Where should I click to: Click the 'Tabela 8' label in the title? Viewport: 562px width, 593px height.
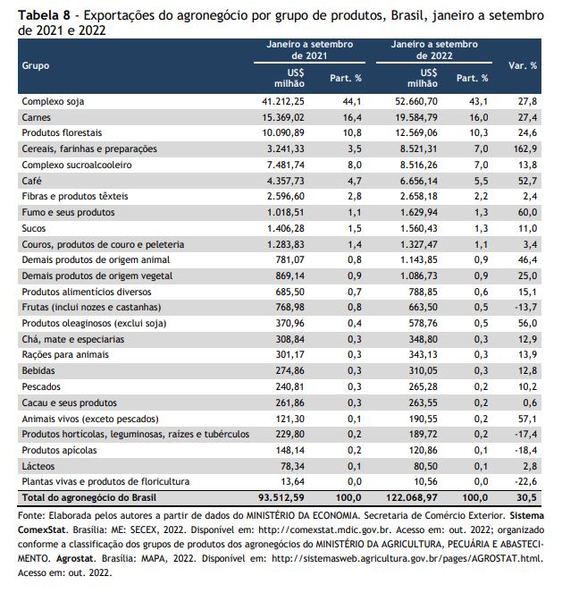pyautogui.click(x=44, y=15)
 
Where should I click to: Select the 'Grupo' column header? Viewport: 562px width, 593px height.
pyautogui.click(x=36, y=66)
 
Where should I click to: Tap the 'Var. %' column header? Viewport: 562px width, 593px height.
pyautogui.click(x=523, y=66)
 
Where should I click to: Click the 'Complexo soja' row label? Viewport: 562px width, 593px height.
pyautogui.click(x=53, y=101)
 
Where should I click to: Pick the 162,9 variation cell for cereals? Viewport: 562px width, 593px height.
pyautogui.click(x=525, y=149)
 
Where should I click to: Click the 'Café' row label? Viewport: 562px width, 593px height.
pyautogui.click(x=32, y=181)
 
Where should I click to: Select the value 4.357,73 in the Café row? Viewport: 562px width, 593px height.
pyautogui.click(x=286, y=181)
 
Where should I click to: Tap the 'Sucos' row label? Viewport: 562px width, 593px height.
pyautogui.click(x=34, y=228)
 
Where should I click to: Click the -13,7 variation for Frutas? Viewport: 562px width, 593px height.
pyautogui.click(x=525, y=307)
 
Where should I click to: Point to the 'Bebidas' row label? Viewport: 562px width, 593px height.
pyautogui.click(x=38, y=370)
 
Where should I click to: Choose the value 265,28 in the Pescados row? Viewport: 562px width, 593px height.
pyautogui.click(x=423, y=386)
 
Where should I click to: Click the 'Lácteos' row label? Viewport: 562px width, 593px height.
pyautogui.click(x=38, y=466)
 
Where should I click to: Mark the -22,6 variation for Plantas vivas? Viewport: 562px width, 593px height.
pyautogui.click(x=525, y=482)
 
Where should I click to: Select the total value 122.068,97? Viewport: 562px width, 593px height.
pyautogui.click(x=412, y=497)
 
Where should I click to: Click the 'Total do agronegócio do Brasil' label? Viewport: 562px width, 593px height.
pyautogui.click(x=89, y=497)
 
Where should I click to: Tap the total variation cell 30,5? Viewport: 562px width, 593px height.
pyautogui.click(x=526, y=497)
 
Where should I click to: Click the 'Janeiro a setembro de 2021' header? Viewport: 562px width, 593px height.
pyautogui.click(x=310, y=50)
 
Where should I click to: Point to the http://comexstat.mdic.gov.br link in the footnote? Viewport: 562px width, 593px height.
pyautogui.click(x=324, y=529)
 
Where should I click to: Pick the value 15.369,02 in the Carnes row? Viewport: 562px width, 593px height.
pyautogui.click(x=283, y=117)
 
